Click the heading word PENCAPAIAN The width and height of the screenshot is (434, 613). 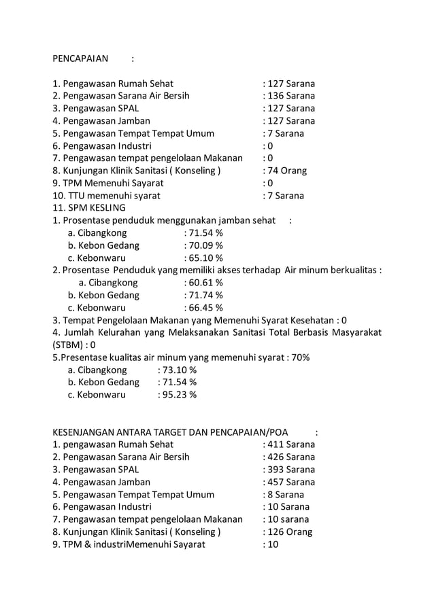[80, 58]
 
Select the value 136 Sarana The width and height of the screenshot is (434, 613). [291, 96]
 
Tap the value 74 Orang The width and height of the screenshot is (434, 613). [288, 171]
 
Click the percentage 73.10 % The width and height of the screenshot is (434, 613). [179, 370]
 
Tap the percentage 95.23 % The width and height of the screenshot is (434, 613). [179, 395]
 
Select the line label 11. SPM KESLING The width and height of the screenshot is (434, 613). [89, 208]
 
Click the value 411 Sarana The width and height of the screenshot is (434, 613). [291, 444]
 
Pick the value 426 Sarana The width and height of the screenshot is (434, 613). [291, 457]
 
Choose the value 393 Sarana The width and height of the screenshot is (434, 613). [291, 470]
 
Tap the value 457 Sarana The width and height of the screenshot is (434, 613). [291, 482]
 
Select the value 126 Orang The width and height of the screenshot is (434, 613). [290, 532]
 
